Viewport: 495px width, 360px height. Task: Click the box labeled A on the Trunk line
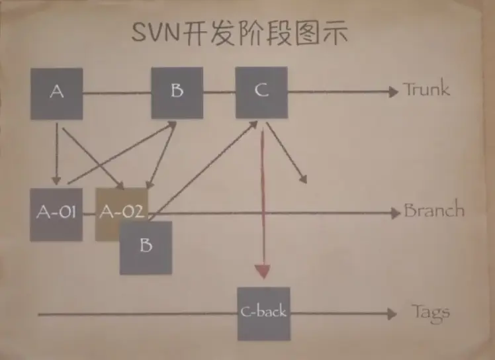click(x=57, y=93)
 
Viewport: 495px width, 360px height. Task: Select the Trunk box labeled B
click(x=177, y=91)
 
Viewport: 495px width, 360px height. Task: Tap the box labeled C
click(x=261, y=91)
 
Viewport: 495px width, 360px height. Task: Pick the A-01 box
click(x=56, y=214)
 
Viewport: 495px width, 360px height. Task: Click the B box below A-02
click(x=146, y=247)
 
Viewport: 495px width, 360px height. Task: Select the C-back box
click(x=263, y=313)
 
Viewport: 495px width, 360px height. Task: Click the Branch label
click(x=434, y=211)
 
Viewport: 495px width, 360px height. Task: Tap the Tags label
click(x=431, y=312)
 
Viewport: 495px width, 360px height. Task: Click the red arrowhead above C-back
click(x=263, y=271)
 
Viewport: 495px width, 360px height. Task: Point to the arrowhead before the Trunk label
click(x=393, y=91)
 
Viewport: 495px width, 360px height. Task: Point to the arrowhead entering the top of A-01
click(x=56, y=181)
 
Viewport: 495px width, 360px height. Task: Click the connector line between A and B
click(x=117, y=92)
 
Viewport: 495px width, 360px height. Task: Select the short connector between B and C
click(x=219, y=92)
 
